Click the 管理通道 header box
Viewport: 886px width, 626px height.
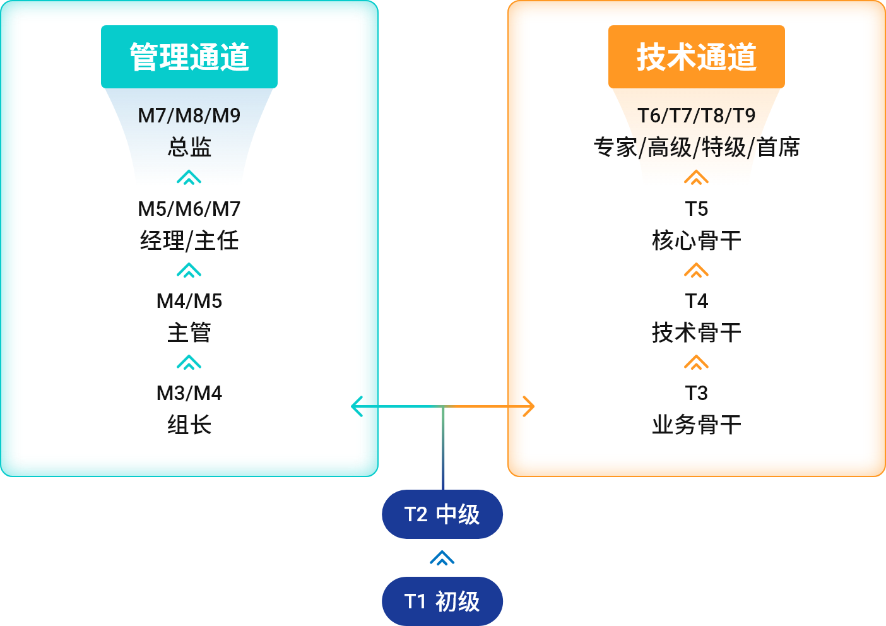click(189, 57)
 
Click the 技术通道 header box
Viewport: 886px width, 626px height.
click(696, 57)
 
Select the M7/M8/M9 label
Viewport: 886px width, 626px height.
click(189, 115)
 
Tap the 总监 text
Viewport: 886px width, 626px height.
click(189, 147)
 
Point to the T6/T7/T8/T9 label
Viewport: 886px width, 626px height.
click(696, 115)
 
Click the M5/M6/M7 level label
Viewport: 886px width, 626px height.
click(189, 209)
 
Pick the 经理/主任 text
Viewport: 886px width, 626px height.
click(189, 240)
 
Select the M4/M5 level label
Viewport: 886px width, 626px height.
click(189, 301)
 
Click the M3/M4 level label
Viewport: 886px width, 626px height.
click(189, 393)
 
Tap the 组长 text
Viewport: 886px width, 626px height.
click(189, 425)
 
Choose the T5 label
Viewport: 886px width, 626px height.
click(696, 209)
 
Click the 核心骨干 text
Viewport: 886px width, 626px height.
click(696, 240)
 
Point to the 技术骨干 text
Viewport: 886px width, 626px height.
click(696, 333)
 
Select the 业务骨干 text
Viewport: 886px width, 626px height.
click(696, 425)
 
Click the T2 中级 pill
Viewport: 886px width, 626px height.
click(442, 514)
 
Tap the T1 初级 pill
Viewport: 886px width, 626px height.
click(442, 601)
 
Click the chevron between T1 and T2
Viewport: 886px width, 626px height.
click(442, 558)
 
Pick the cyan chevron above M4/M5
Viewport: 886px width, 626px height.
click(189, 271)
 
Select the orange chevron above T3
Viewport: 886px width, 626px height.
click(696, 363)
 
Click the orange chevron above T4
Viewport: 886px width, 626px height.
click(696, 271)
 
